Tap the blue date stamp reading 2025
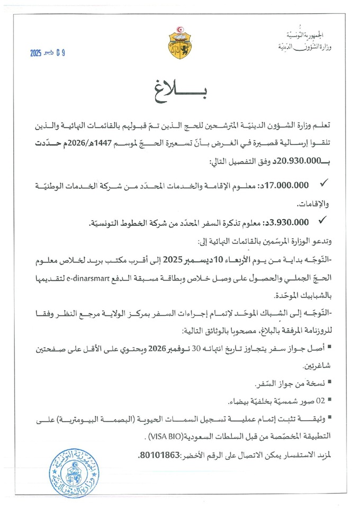[48, 53]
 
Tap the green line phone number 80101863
[158, 456]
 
